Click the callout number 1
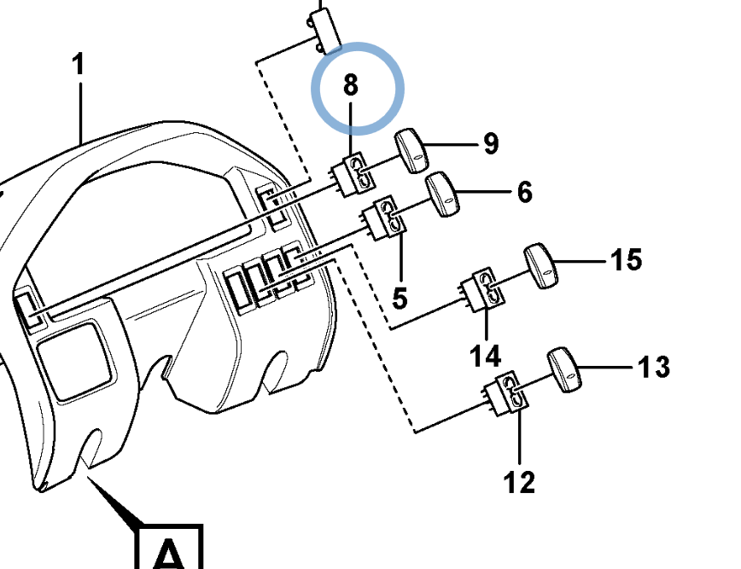point(79,64)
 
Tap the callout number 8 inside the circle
point(350,85)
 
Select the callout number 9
point(491,143)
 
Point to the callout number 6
point(524,192)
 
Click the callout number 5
point(400,299)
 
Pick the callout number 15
point(626,259)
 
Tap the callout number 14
point(486,356)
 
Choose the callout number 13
point(654,367)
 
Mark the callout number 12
point(519,482)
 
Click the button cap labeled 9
point(411,151)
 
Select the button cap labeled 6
point(443,195)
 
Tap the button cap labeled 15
point(541,266)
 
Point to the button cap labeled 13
point(564,370)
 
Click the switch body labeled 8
point(354,174)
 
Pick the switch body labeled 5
point(385,218)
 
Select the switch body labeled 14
point(483,289)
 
